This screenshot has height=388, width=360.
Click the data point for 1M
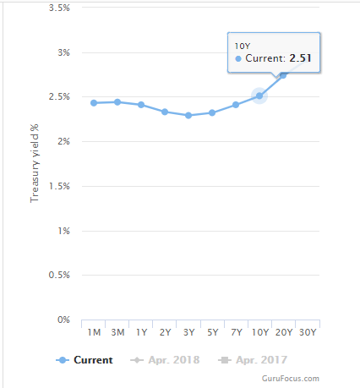[94, 103]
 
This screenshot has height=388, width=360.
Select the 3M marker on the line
[117, 102]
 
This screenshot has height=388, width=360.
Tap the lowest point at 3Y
[188, 115]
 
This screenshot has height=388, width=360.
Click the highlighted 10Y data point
[259, 96]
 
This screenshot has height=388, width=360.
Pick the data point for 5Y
[212, 112]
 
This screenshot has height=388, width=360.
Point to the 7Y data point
[236, 105]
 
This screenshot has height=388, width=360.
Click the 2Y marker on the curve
[165, 112]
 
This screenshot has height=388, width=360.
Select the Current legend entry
[85, 360]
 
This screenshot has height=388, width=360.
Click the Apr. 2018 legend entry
[165, 360]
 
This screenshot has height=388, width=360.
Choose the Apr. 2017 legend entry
[253, 360]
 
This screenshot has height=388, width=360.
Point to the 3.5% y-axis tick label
[59, 8]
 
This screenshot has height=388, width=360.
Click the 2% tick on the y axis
[63, 141]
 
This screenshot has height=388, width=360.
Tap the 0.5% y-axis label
[59, 275]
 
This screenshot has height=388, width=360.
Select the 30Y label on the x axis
[308, 332]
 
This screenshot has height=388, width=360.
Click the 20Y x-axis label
[284, 332]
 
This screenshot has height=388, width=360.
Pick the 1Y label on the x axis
[141, 332]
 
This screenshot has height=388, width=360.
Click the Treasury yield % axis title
[35, 163]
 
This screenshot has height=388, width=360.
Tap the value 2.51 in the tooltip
[300, 58]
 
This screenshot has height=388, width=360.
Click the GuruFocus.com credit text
[291, 379]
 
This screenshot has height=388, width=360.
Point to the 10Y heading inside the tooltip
[243, 46]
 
